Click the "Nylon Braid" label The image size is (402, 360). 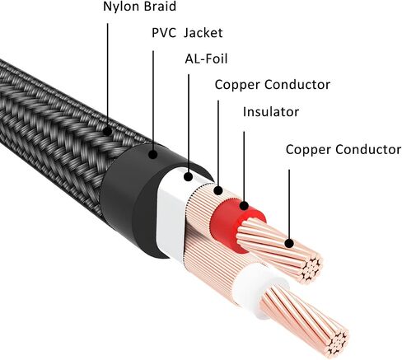point(139,7)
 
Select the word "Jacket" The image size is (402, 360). point(203,33)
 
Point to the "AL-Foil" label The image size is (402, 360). point(206,58)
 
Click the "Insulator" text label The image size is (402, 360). point(271,112)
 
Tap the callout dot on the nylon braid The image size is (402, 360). point(107,132)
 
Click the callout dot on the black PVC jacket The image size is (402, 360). point(153,154)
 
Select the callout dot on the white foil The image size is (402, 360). point(189,177)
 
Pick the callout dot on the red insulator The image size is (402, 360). point(244,205)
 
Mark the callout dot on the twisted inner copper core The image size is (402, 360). point(289,243)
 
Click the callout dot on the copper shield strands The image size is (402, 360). point(218,190)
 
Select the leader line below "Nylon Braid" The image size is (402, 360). point(107,75)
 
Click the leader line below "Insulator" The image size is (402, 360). point(244,166)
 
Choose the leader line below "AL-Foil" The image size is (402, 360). point(189,124)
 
